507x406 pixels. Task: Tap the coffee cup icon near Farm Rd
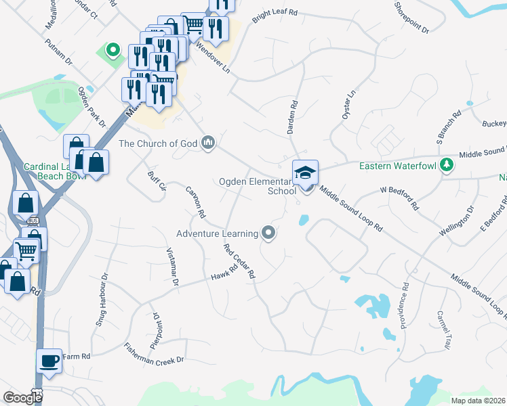pyautogui.click(x=49, y=361)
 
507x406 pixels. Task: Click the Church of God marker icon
pyautogui.click(x=209, y=143)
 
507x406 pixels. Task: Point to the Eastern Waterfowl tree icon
pyautogui.click(x=447, y=164)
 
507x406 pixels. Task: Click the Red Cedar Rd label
pyautogui.click(x=239, y=262)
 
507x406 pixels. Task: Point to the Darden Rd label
pyautogui.click(x=293, y=115)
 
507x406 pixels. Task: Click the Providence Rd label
pyautogui.click(x=405, y=297)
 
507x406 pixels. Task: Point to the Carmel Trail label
pyautogui.click(x=443, y=330)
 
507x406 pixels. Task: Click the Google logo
pyautogui.click(x=22, y=397)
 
